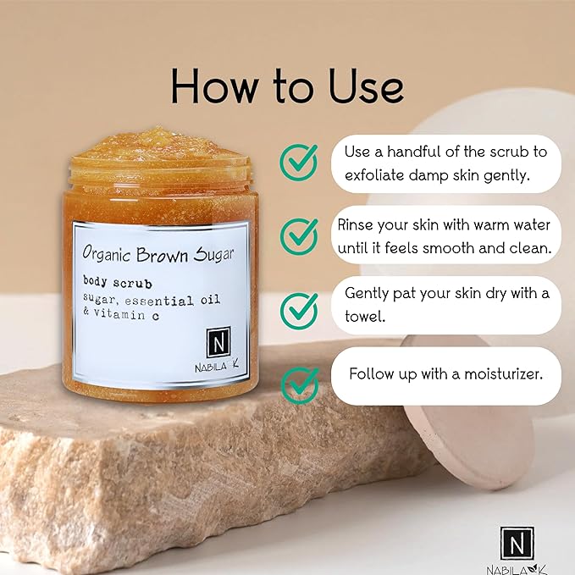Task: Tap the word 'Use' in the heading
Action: click(x=366, y=86)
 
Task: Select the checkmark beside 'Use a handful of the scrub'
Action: click(x=299, y=162)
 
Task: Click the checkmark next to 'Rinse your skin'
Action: click(x=299, y=236)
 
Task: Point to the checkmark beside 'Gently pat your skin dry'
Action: click(x=299, y=311)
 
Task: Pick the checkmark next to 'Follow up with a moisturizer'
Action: click(x=300, y=386)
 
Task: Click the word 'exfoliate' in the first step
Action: click(x=374, y=175)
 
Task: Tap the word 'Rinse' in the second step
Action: click(x=355, y=224)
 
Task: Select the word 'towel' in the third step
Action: click(x=364, y=316)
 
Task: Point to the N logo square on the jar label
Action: click(x=218, y=342)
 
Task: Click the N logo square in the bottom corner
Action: click(x=517, y=544)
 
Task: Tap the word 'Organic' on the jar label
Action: click(x=107, y=253)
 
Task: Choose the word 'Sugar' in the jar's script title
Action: click(x=213, y=254)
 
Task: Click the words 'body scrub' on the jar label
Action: click(x=118, y=282)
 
